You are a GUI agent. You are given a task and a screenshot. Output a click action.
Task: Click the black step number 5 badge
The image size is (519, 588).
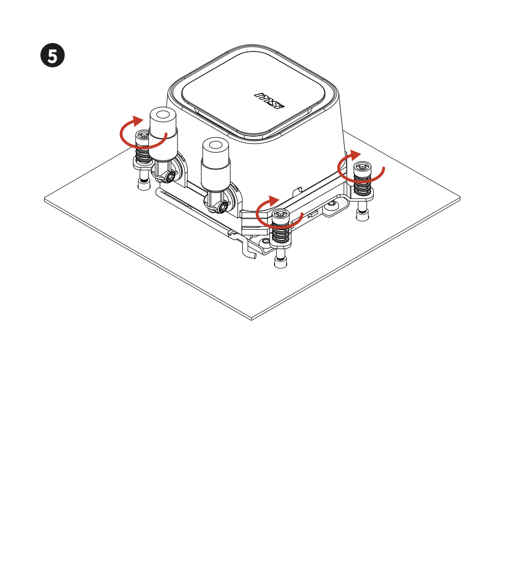click(x=52, y=56)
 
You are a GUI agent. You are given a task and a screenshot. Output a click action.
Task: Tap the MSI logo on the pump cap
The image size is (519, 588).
click(x=269, y=101)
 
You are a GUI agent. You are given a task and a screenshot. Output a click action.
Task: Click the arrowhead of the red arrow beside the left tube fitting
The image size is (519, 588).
click(x=138, y=121)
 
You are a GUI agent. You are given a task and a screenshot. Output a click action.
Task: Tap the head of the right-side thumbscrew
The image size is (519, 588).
click(x=362, y=168)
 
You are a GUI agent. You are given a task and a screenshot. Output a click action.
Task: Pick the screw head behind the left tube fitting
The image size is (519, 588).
click(x=142, y=136)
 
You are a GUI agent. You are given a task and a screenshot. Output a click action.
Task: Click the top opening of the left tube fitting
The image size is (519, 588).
click(x=162, y=114)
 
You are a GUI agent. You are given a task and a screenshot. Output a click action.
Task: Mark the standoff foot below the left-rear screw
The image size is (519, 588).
click(x=143, y=184)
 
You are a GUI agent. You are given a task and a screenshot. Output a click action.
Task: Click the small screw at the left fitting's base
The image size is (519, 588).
click(x=171, y=176)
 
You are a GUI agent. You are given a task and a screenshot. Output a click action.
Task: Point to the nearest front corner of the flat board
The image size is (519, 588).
click(x=251, y=319)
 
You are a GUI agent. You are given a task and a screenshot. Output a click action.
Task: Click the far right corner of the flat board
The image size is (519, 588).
click(x=460, y=197)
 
